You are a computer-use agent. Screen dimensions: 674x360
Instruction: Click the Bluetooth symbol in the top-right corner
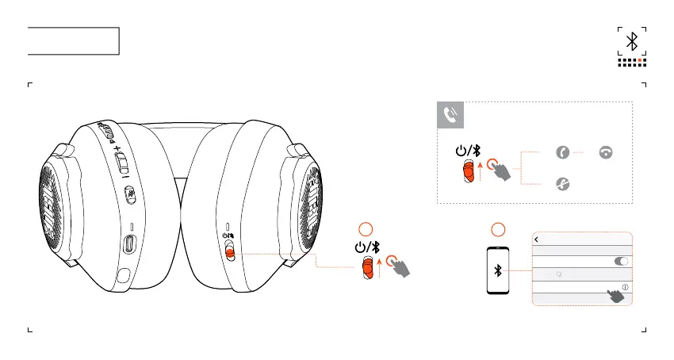pyautogui.click(x=632, y=41)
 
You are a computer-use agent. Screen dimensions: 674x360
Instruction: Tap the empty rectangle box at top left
pyautogui.click(x=73, y=40)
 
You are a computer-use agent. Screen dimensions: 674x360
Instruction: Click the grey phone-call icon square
pyautogui.click(x=451, y=117)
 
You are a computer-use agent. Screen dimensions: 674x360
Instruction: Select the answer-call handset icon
pyautogui.click(x=563, y=153)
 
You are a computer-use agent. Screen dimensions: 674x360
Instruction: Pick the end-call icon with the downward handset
pyautogui.click(x=607, y=153)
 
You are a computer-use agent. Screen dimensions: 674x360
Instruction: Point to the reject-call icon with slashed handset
pyautogui.click(x=563, y=183)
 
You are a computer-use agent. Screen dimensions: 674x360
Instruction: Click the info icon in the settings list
pyautogui.click(x=625, y=286)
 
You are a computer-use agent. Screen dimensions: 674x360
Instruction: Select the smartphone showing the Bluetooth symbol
pyautogui.click(x=498, y=271)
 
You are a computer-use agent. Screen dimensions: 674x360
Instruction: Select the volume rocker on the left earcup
pyautogui.click(x=121, y=162)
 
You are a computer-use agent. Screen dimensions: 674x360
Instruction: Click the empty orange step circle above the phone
pyautogui.click(x=499, y=230)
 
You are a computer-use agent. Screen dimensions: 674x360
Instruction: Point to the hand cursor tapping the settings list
pyautogui.click(x=615, y=296)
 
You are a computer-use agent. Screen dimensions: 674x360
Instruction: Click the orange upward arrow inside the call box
pyautogui.click(x=482, y=169)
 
